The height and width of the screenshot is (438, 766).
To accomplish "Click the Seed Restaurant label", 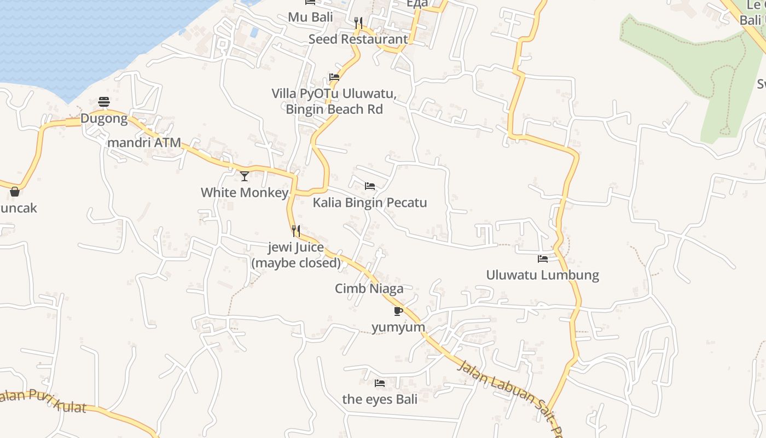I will (358, 39).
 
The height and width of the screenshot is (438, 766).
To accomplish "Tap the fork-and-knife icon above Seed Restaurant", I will (358, 22).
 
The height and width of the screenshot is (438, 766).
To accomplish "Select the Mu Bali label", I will (310, 17).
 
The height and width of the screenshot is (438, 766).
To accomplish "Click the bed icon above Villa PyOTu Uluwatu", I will (334, 77).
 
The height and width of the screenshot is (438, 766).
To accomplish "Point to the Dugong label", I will (104, 118).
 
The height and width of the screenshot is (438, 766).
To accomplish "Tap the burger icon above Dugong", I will (104, 101).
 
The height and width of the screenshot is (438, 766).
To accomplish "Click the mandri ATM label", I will (144, 142).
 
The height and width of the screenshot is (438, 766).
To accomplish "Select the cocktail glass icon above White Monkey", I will (245, 176).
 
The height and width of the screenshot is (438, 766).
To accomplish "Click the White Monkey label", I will (245, 192).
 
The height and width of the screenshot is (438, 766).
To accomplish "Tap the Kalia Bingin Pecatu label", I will (370, 203).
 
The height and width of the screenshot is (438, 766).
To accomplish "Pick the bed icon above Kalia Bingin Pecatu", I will (370, 186).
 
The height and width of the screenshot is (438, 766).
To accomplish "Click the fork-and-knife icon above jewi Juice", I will (296, 230).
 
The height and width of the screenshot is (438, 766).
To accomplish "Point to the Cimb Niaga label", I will (369, 289).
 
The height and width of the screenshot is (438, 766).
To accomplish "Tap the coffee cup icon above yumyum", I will (398, 311).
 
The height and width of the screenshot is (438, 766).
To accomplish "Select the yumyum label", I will (398, 327).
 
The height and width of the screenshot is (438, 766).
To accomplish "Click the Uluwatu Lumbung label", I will (543, 275).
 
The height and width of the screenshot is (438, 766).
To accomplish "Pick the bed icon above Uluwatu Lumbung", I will (543, 258).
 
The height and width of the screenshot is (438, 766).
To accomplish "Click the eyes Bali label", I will (380, 399).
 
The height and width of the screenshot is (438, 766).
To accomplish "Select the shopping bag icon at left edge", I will (15, 192).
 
